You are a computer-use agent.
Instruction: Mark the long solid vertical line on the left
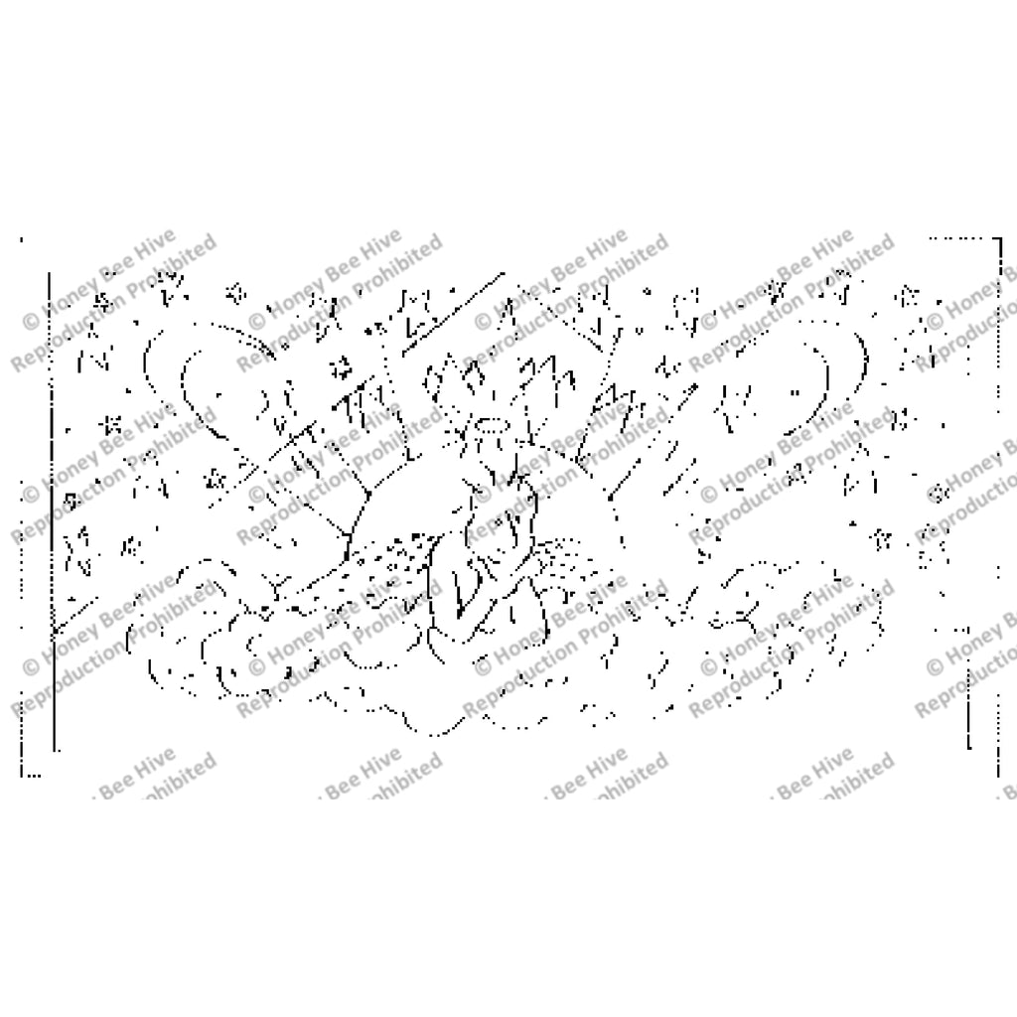[x=51, y=497]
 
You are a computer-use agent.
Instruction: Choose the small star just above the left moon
[x=235, y=292]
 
